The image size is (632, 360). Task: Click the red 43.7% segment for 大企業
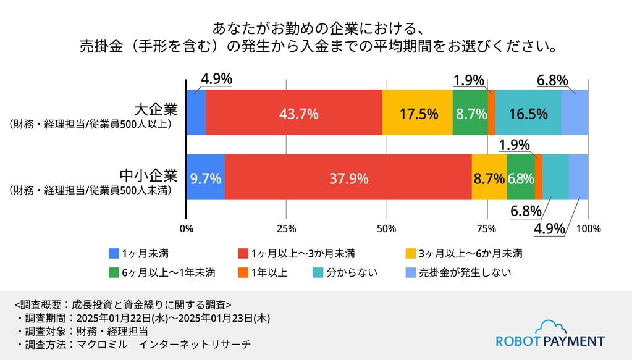click(294, 112)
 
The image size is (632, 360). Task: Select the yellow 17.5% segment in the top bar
click(417, 112)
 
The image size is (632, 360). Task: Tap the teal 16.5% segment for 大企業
click(528, 112)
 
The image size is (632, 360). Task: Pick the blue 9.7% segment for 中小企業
click(206, 177)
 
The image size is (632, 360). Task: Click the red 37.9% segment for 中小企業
click(348, 177)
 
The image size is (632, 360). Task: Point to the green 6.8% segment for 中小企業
click(521, 177)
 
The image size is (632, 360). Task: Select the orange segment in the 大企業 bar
click(491, 112)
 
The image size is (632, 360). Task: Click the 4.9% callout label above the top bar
click(216, 79)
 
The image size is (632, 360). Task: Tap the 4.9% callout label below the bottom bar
click(549, 228)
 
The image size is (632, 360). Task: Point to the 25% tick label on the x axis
click(287, 229)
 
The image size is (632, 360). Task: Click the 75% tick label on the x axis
click(486, 229)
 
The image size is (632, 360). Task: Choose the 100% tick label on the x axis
click(589, 229)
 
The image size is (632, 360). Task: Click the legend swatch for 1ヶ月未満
click(114, 254)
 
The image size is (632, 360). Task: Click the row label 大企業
click(156, 109)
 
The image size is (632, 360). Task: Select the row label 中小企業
click(149, 175)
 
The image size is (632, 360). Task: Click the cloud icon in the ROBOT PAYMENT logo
click(554, 327)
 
